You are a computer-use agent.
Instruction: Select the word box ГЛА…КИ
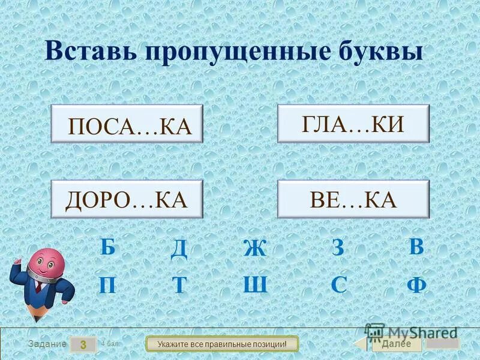353,123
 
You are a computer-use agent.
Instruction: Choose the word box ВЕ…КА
353,199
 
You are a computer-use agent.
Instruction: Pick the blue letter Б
107,247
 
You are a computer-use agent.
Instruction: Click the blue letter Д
179,248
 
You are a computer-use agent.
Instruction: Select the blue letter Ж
254,248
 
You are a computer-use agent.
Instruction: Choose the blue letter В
416,247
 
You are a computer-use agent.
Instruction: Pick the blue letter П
107,284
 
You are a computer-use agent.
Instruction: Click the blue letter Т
179,284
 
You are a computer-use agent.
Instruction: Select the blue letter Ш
254,284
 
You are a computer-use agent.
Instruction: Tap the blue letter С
338,284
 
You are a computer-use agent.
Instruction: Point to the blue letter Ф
416,284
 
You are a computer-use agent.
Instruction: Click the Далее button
397,344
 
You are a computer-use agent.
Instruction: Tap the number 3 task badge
83,344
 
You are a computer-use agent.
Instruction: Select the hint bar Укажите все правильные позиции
223,344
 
